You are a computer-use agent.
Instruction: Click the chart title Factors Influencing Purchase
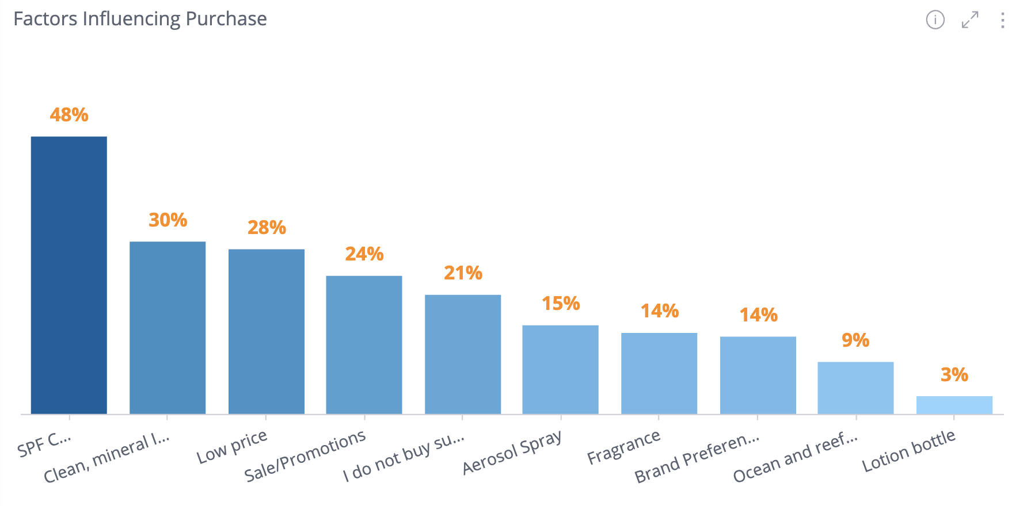click(140, 19)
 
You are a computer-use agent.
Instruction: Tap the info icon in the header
click(935, 20)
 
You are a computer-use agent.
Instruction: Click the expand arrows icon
click(970, 20)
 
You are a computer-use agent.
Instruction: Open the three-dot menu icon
click(1003, 20)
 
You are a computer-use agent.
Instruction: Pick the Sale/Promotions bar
click(364, 344)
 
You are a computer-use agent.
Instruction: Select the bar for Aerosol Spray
click(561, 369)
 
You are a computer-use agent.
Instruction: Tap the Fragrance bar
click(659, 373)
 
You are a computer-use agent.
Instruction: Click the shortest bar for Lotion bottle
click(954, 405)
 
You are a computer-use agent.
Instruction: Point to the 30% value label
click(168, 220)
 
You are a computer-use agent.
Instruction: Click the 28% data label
click(267, 228)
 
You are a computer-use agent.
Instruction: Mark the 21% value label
click(463, 273)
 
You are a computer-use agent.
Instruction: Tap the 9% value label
click(855, 340)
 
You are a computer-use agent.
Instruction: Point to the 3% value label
click(954, 375)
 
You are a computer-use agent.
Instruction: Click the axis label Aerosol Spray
click(512, 452)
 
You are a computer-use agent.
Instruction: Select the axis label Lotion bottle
click(908, 451)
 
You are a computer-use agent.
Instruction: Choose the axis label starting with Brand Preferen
click(697, 458)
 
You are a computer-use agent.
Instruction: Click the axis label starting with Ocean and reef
click(795, 458)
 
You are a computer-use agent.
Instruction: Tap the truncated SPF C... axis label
click(44, 444)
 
